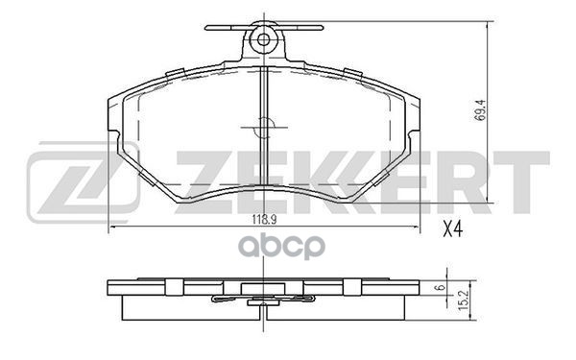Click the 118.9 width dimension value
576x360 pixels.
click(262, 219)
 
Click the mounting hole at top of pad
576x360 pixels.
click(261, 40)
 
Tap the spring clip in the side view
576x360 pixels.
click(259, 300)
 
